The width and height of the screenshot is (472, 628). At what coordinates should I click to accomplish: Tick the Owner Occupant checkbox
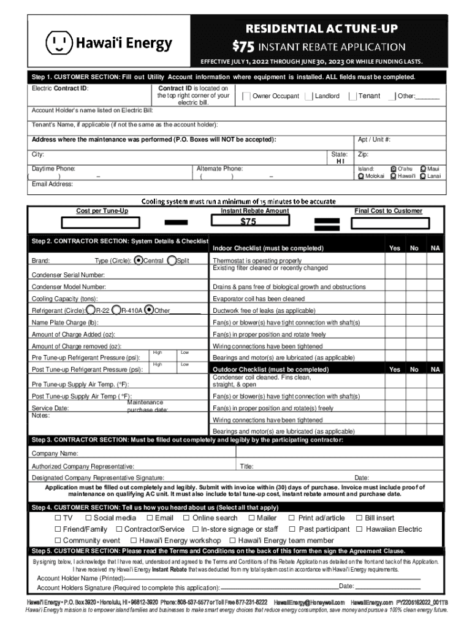[x=246, y=96]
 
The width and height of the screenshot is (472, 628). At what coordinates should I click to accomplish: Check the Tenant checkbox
[x=353, y=96]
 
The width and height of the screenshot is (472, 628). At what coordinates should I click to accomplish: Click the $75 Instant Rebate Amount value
[x=248, y=221]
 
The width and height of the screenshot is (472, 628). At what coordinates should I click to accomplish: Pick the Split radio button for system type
[x=172, y=260]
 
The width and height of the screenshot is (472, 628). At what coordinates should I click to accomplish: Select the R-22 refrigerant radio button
[x=91, y=310]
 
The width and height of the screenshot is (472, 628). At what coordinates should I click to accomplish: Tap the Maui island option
[x=423, y=168]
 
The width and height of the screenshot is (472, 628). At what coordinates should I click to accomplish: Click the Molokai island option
[x=361, y=176]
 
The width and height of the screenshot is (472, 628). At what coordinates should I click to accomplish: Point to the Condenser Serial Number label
[x=68, y=274]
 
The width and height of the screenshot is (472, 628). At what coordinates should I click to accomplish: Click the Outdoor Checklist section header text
[x=270, y=370]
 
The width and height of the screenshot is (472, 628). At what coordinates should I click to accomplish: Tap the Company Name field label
[x=55, y=453]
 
